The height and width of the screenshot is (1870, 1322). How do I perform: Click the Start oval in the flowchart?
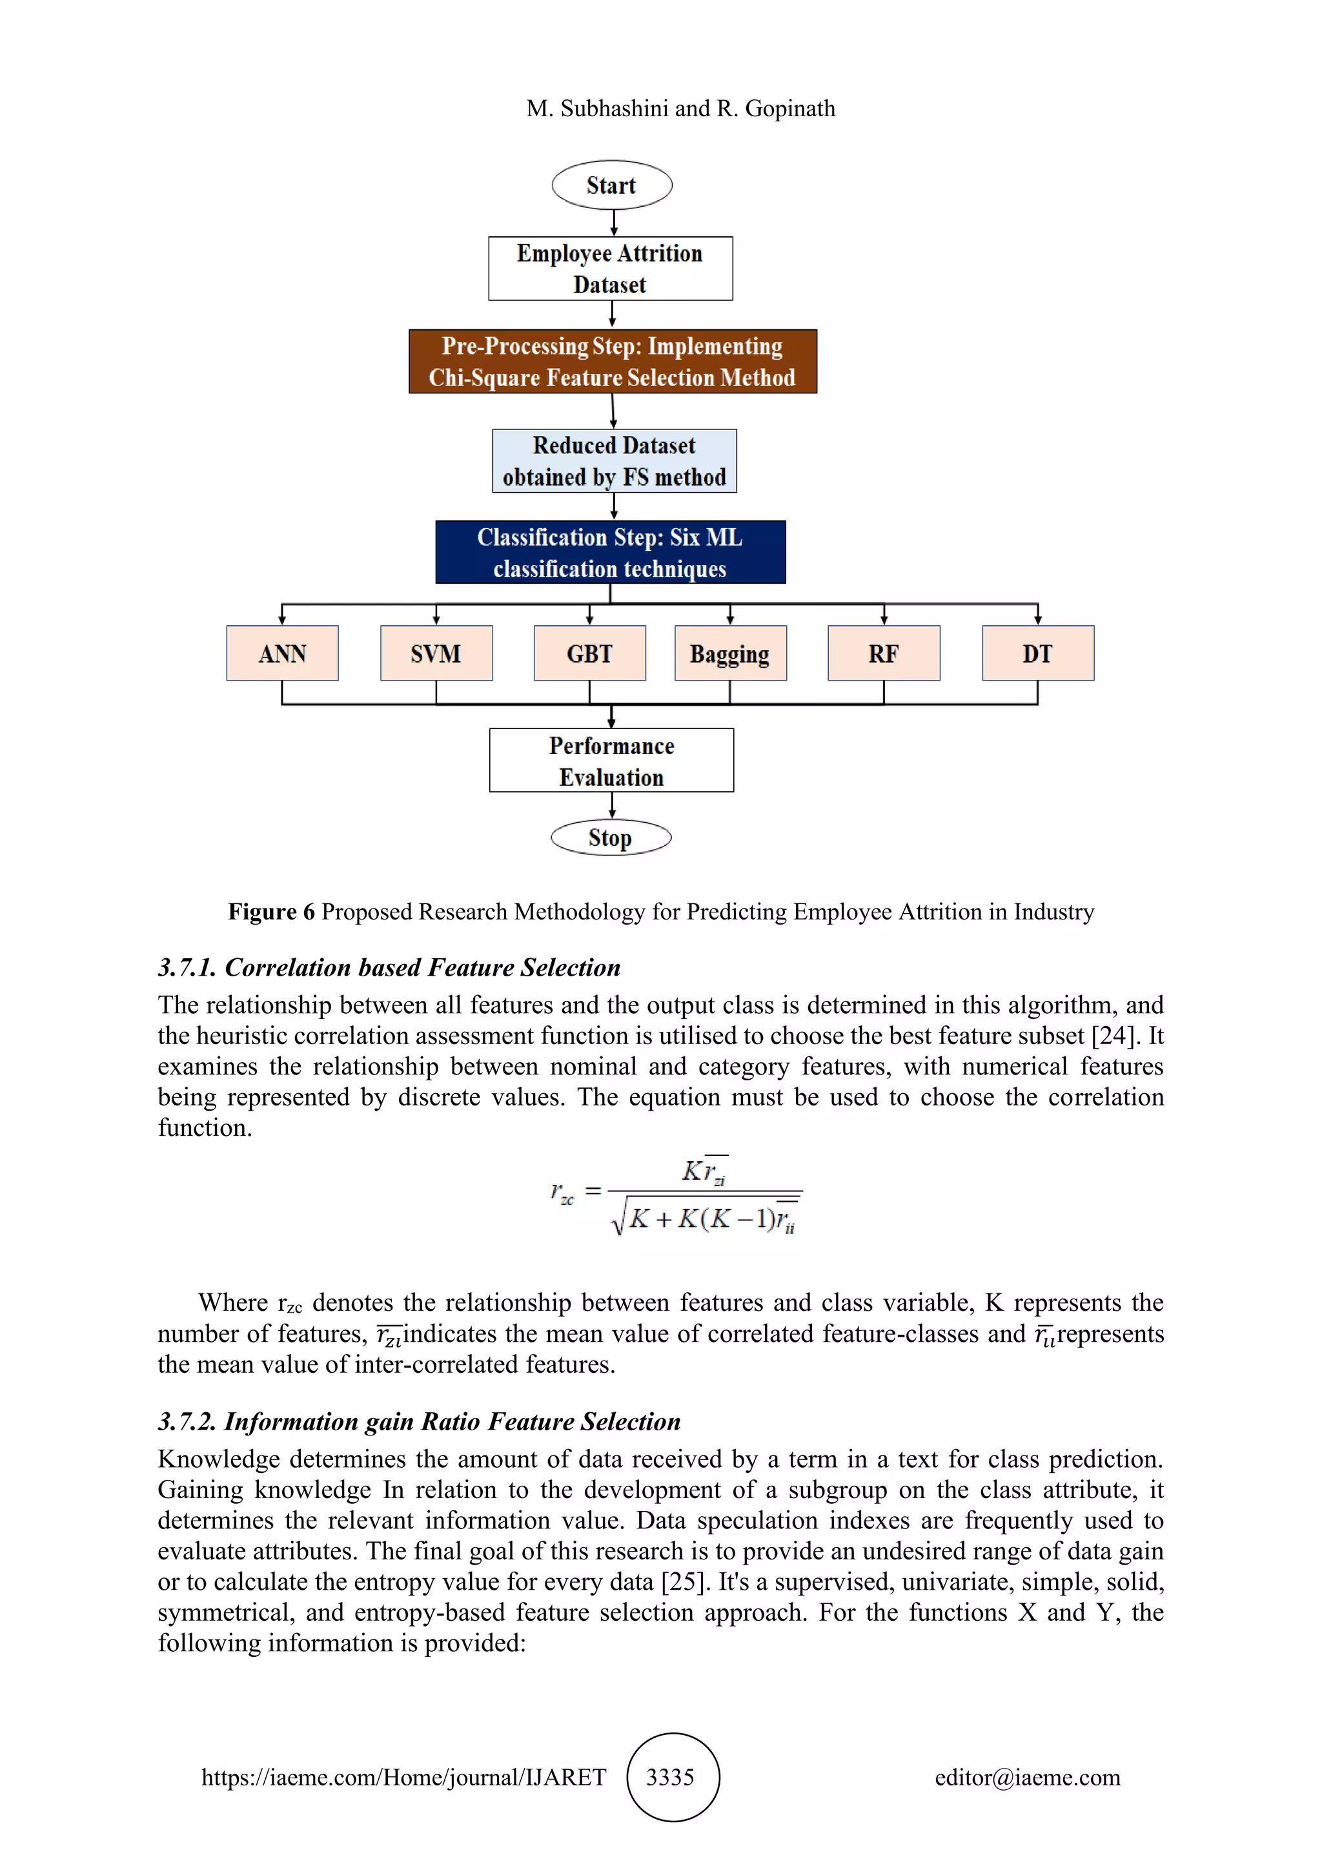click(x=611, y=186)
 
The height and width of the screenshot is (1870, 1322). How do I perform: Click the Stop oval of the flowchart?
click(x=611, y=837)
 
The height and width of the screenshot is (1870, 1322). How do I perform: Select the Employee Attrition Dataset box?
click(x=610, y=269)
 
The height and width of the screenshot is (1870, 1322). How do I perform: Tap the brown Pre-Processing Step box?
click(x=612, y=362)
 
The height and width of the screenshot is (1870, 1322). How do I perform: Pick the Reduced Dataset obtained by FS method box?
click(x=614, y=461)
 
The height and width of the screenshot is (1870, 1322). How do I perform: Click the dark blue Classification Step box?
click(x=610, y=552)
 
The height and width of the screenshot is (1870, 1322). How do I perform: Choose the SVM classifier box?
click(x=436, y=653)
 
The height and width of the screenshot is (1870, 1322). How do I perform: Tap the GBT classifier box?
click(x=589, y=653)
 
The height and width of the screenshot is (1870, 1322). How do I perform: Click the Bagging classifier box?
click(x=729, y=653)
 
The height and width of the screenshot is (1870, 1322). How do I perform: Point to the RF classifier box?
click(x=883, y=653)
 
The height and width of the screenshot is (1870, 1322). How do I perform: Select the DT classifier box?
click(x=1037, y=653)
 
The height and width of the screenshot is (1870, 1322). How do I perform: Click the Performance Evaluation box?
click(x=611, y=761)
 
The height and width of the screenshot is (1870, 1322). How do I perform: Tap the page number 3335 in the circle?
click(x=671, y=1777)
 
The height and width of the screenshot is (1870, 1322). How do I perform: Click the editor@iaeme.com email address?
click(x=1027, y=1777)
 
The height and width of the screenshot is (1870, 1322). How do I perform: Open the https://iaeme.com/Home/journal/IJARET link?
click(x=403, y=1777)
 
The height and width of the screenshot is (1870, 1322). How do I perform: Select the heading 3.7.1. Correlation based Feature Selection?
click(x=389, y=967)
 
